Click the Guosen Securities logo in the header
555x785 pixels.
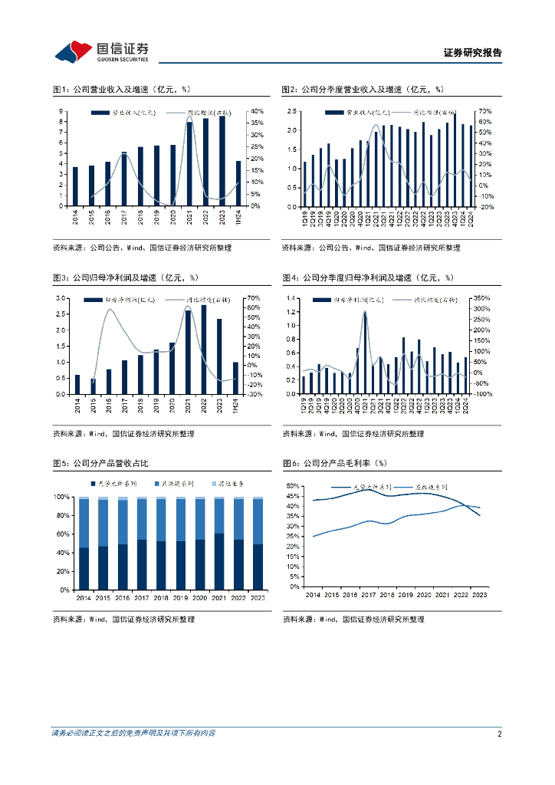coord(100,51)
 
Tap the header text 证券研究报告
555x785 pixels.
coord(473,53)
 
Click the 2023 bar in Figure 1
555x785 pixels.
coord(222,161)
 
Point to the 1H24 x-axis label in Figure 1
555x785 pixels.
coord(239,218)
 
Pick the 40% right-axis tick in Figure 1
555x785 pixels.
coord(257,111)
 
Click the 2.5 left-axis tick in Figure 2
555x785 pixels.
coord(292,111)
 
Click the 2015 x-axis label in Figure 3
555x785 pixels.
coord(94,406)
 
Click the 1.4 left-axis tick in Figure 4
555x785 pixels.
coord(292,297)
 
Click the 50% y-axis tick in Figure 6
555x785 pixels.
coord(291,486)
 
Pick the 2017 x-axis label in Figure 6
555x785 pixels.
coord(367,595)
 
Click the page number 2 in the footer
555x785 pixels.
coord(499,734)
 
